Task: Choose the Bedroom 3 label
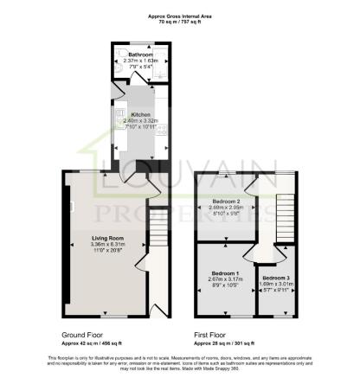(276, 278)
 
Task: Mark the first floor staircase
(286, 216)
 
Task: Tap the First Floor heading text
(214, 333)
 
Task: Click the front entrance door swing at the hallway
(157, 308)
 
